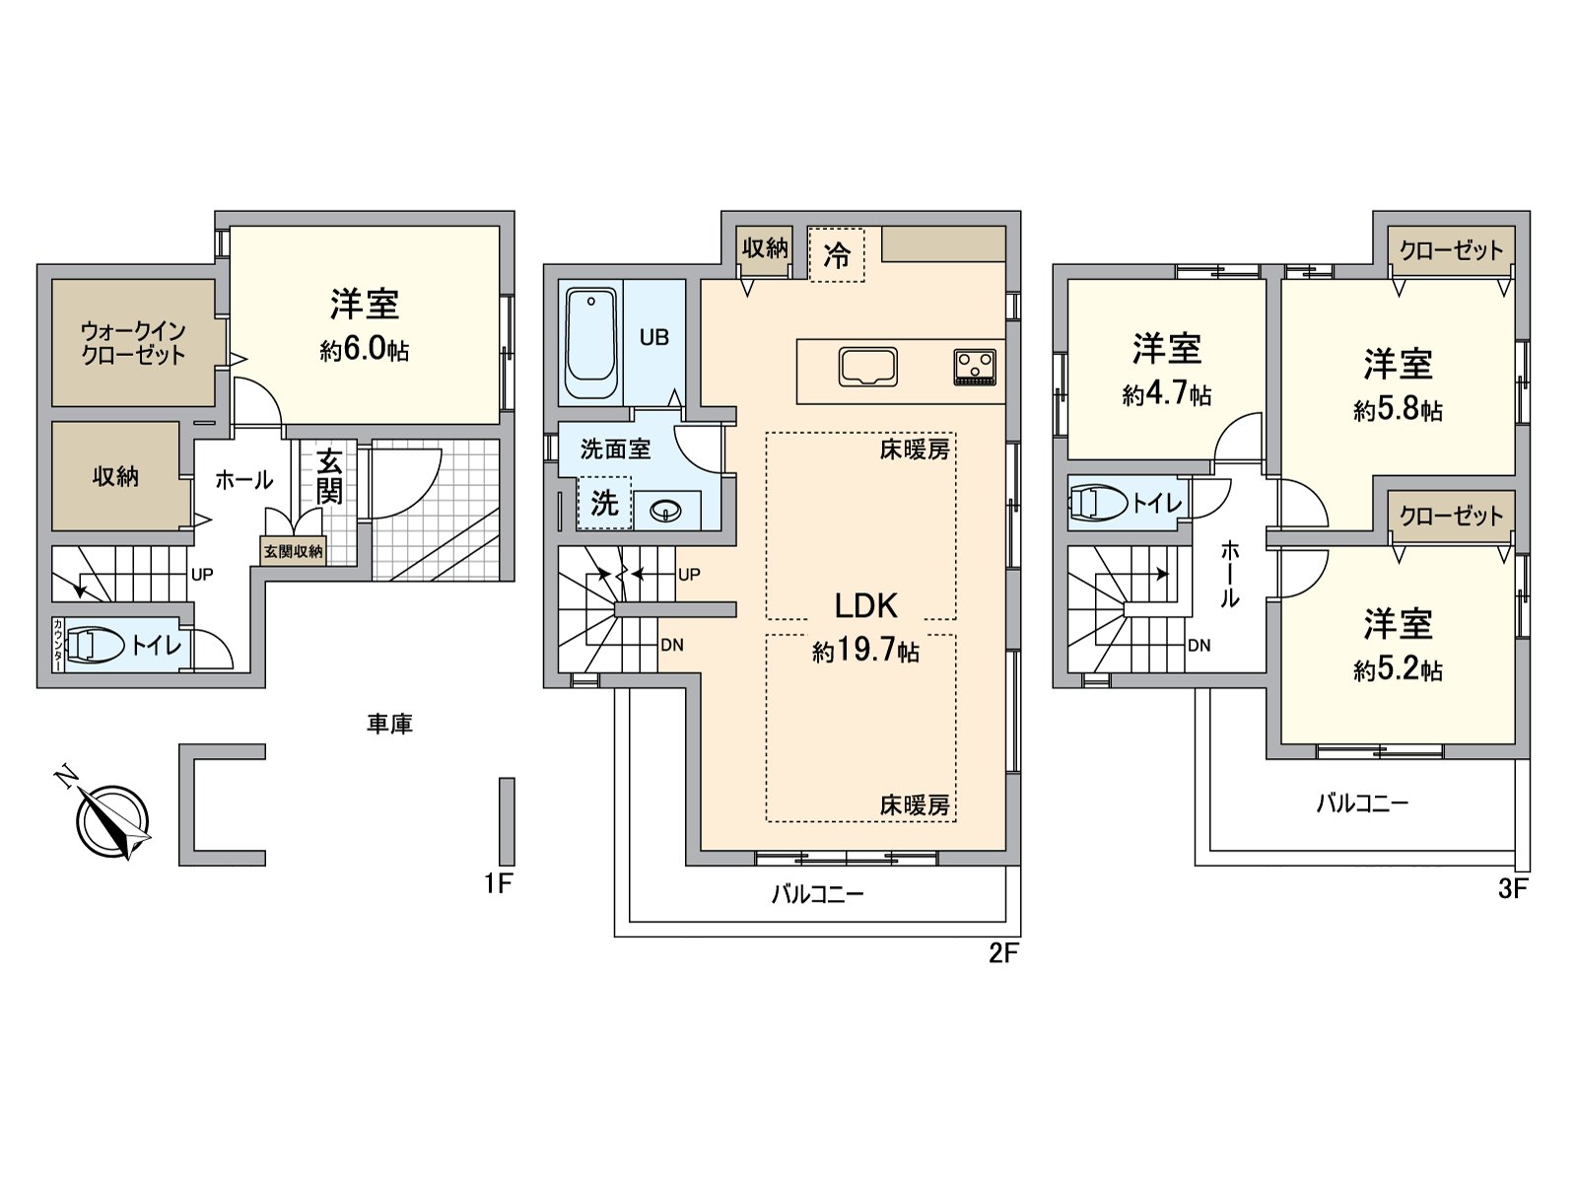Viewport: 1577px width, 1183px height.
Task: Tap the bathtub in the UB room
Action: [591, 343]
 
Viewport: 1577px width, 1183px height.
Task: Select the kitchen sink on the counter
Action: [868, 367]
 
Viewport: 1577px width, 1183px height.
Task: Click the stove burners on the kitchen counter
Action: [975, 367]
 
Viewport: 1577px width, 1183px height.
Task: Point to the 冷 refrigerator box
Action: [836, 255]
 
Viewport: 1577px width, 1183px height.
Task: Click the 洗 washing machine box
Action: [604, 503]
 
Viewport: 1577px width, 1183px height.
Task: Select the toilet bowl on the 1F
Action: [91, 645]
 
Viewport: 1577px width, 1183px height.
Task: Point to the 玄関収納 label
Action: [293, 552]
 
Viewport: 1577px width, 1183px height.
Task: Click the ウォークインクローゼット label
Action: [134, 343]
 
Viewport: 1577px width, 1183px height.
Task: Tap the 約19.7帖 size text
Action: [865, 652]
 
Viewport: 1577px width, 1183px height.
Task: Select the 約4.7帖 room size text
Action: [1167, 394]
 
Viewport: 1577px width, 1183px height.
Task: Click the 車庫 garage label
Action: [390, 724]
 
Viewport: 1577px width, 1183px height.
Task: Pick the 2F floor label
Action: [1003, 953]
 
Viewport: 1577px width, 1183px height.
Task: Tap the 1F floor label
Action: [498, 883]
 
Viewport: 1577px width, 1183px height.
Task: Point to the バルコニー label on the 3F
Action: [1362, 803]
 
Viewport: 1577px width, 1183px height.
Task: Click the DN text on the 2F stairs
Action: [672, 645]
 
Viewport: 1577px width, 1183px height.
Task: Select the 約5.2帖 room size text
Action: [1398, 670]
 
